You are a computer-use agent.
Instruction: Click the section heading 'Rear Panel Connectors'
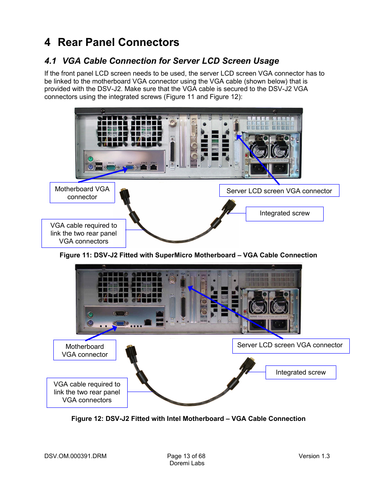pyautogui.click(x=118, y=42)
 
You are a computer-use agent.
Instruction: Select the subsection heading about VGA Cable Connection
pyautogui.click(x=170, y=61)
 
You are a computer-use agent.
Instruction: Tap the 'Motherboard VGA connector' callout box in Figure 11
pyautogui.click(x=82, y=193)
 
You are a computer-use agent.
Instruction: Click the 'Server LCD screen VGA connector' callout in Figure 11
pyautogui.click(x=279, y=191)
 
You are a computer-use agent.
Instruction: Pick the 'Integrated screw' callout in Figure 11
pyautogui.click(x=285, y=213)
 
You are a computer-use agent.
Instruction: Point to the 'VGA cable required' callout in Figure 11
pyautogui.click(x=83, y=233)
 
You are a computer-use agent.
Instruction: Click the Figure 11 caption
pyautogui.click(x=188, y=255)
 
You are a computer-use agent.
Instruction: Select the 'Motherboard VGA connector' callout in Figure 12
pyautogui.click(x=85, y=350)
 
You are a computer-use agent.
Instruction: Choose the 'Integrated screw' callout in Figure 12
pyautogui.click(x=300, y=373)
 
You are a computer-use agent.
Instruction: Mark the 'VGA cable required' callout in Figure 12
pyautogui.click(x=87, y=392)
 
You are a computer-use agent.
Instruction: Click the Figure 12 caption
pyautogui.click(x=188, y=419)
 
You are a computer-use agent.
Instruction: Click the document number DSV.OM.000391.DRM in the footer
pyautogui.click(x=75, y=456)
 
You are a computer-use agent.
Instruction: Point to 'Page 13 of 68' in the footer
pyautogui.click(x=186, y=456)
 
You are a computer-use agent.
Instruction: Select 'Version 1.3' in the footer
pyautogui.click(x=314, y=456)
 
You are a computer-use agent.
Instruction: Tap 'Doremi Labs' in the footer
pyautogui.click(x=187, y=463)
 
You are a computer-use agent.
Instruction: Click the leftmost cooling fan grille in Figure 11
pyautogui.click(x=112, y=131)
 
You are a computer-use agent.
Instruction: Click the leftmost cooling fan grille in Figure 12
pyautogui.click(x=113, y=287)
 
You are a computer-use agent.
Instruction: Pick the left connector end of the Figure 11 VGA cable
pyautogui.click(x=125, y=196)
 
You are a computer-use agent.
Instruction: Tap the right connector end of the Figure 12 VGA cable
pyautogui.click(x=248, y=365)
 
